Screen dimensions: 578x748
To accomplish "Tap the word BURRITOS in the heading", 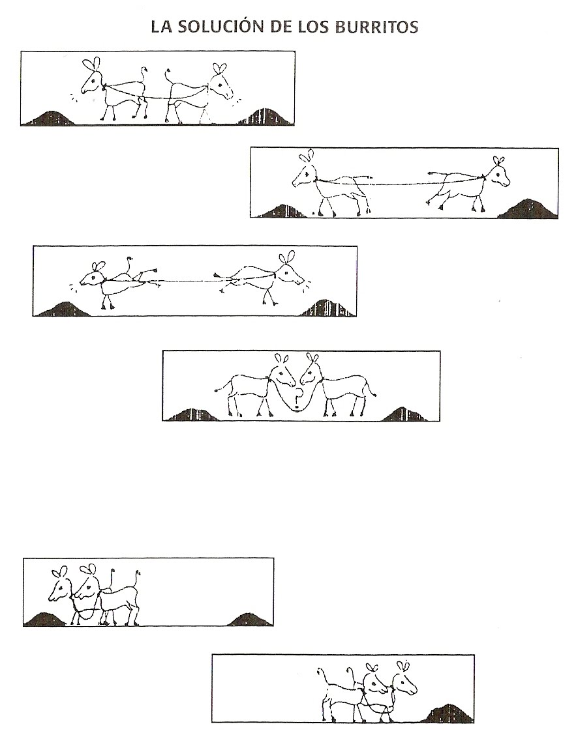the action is point(376,27).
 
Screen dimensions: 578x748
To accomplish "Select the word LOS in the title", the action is point(314,27).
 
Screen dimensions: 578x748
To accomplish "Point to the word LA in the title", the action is point(161,27).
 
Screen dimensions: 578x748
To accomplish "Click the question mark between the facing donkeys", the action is point(298,398).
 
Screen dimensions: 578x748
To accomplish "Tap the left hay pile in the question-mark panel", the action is point(192,414).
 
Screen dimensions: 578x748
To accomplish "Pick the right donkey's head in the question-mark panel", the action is point(310,370).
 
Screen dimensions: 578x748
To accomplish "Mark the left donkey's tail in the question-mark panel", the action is point(222,386).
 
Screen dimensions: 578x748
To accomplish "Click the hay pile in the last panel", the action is point(448,713).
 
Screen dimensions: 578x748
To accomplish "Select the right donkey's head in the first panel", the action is point(220,81).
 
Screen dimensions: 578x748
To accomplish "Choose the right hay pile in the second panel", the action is point(527,209).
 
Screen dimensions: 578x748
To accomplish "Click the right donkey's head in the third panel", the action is point(289,269).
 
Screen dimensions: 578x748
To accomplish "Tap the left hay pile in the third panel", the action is point(63,309).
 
